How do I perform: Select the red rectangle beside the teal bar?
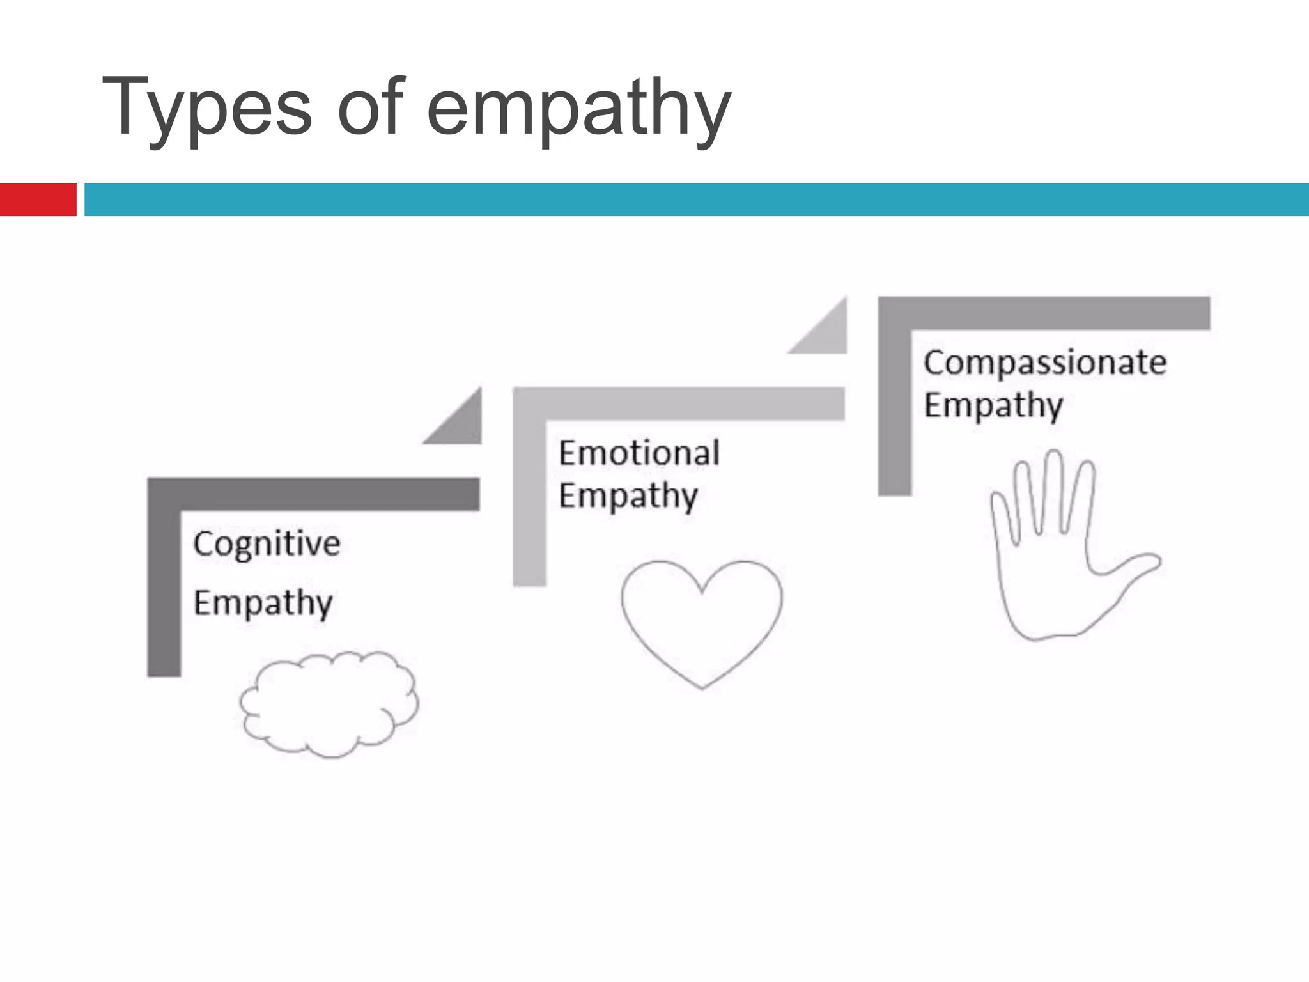38,199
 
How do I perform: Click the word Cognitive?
267,544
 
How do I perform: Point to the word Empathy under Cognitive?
263,603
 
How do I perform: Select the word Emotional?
639,453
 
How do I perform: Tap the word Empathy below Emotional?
628,495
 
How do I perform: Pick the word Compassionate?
1045,363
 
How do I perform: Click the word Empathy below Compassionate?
993,405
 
